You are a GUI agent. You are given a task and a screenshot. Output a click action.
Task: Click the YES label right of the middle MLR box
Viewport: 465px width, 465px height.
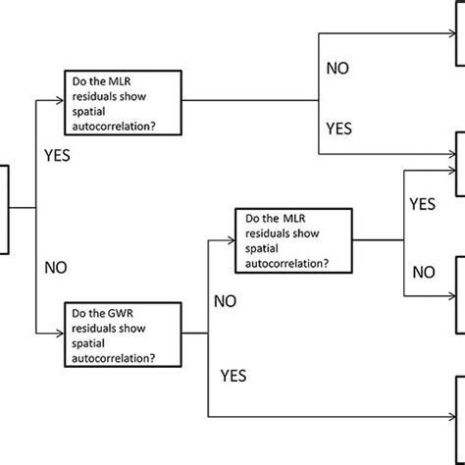point(423,205)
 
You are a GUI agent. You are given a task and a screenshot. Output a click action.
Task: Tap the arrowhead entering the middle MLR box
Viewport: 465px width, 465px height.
point(232,239)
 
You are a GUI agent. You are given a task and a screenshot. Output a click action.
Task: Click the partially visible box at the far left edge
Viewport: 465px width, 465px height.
point(4,208)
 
